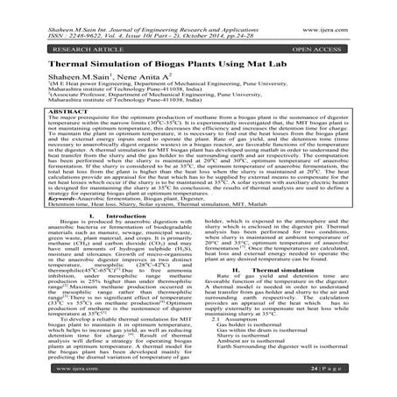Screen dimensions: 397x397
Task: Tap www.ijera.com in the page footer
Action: pyautogui.click(x=36, y=382)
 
